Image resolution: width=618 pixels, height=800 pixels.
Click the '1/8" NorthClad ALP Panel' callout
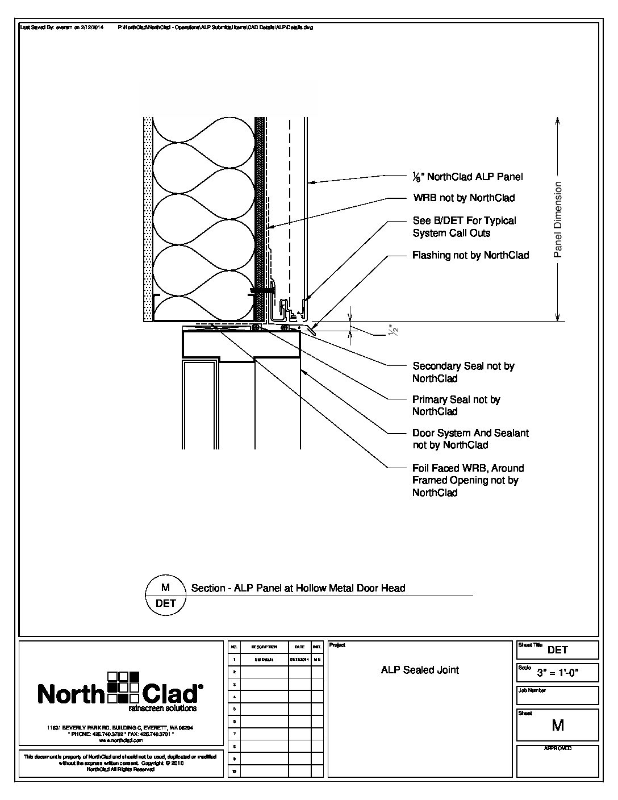467,177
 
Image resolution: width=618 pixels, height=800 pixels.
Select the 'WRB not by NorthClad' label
463,198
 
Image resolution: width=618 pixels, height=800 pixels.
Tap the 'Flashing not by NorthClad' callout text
470,256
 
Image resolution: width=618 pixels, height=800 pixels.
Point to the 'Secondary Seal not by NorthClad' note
463,372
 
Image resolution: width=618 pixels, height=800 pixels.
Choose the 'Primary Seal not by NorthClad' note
456,405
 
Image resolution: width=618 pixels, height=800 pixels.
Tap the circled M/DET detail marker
166,595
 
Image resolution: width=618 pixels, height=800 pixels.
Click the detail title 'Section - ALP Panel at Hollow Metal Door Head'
298,589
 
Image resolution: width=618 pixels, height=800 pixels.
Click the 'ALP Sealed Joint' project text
420,670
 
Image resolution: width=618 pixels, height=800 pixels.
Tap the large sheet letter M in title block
557,725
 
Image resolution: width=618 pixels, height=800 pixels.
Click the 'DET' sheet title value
558,650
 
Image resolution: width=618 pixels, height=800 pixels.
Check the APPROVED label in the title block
558,748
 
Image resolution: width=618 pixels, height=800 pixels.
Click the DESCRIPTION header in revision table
264,647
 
